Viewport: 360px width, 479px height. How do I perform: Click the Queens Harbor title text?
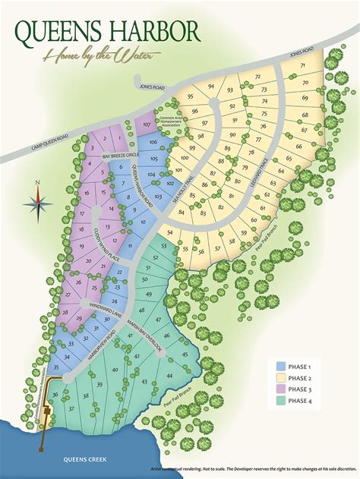(107, 31)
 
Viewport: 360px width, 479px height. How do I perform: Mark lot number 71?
(304, 66)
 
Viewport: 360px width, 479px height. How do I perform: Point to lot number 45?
(185, 354)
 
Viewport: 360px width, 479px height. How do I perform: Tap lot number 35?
(55, 367)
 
